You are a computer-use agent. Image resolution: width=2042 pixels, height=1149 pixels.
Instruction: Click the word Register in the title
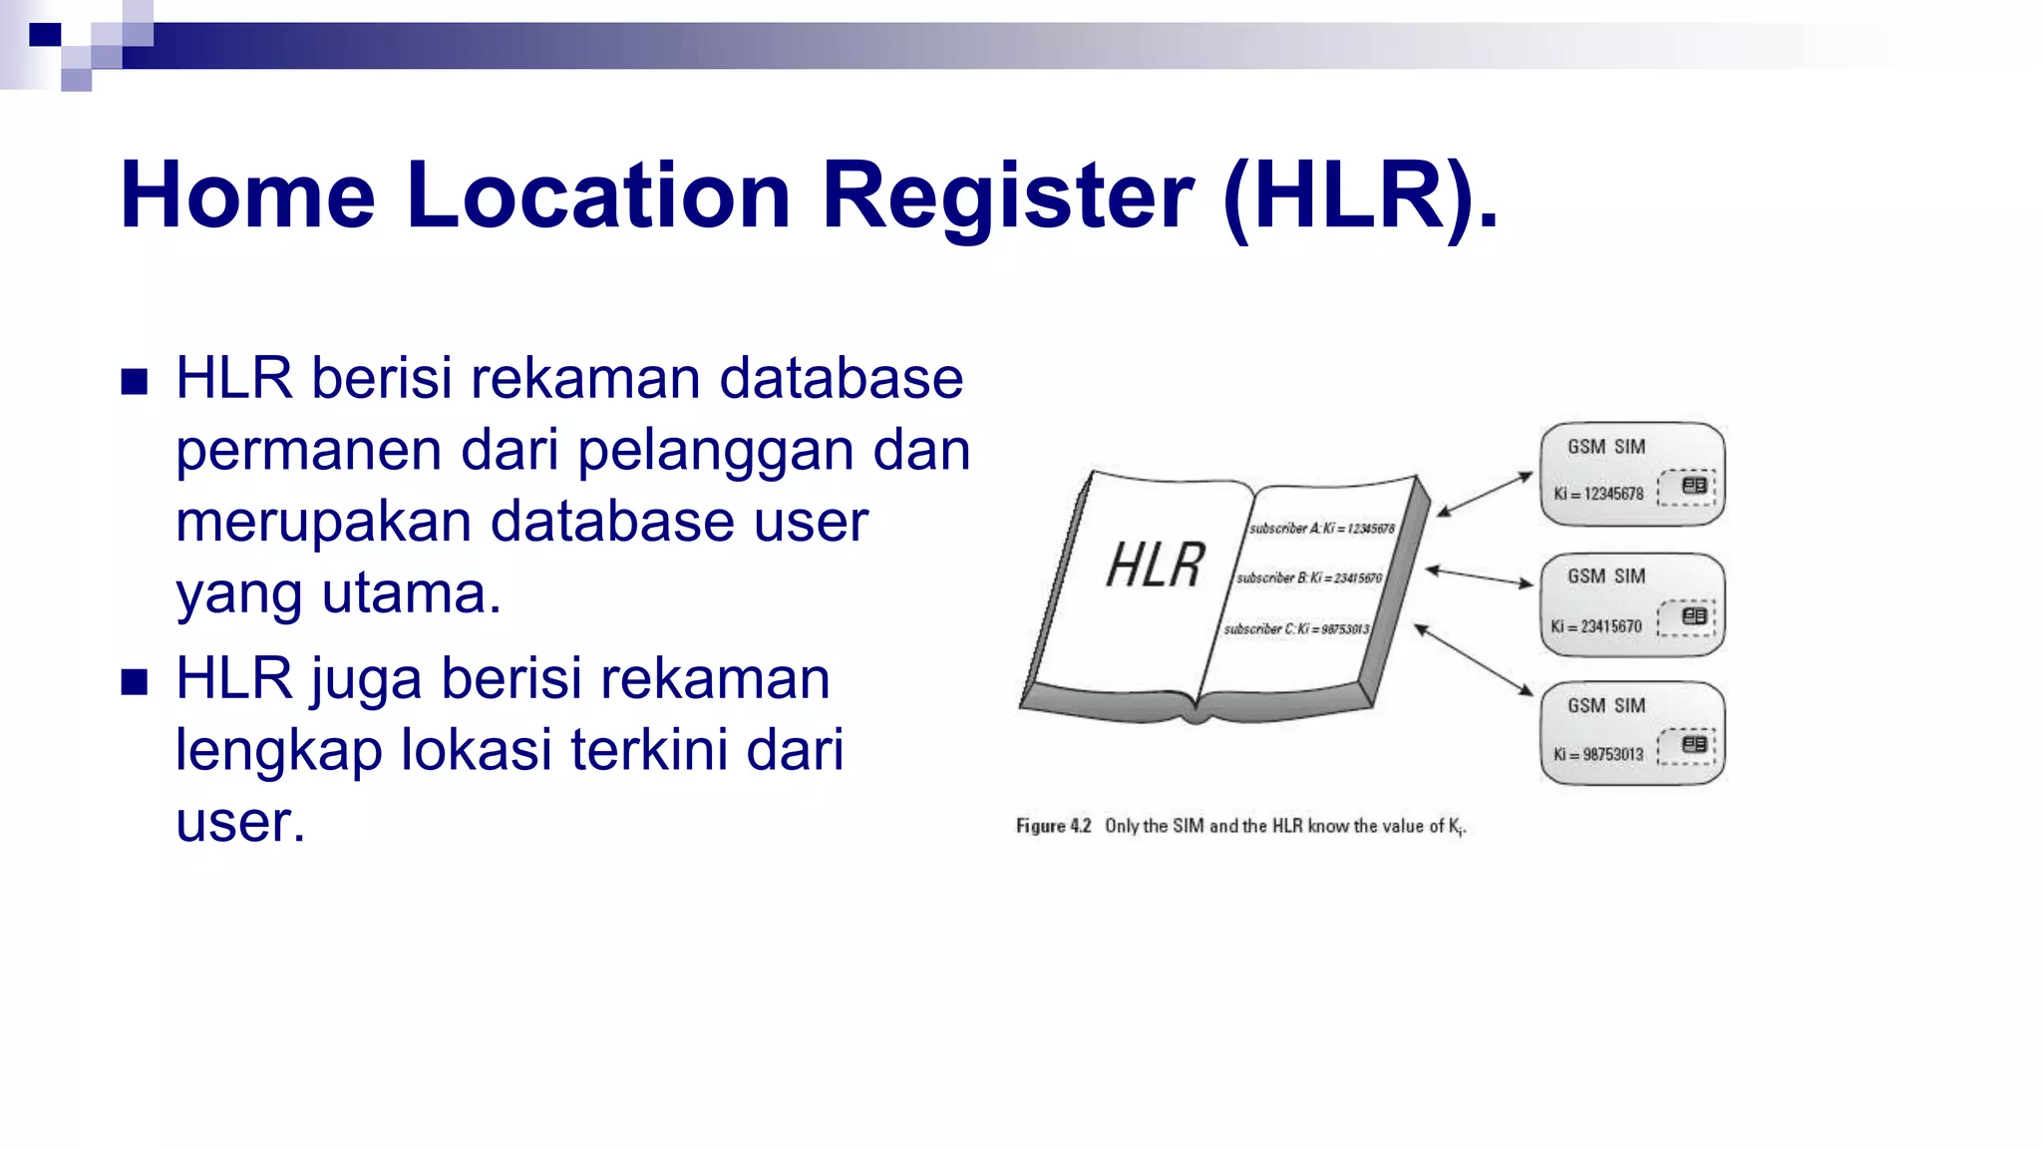[x=1007, y=195]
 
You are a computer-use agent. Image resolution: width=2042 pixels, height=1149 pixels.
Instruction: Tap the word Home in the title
[x=247, y=195]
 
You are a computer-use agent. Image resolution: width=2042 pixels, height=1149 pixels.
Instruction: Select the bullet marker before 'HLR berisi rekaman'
[x=135, y=382]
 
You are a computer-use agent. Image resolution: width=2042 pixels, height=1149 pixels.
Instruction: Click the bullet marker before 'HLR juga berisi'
[x=135, y=682]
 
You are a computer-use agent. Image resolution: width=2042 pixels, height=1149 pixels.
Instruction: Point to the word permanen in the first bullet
[x=308, y=451]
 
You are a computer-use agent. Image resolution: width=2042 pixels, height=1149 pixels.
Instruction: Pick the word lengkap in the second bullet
[x=278, y=751]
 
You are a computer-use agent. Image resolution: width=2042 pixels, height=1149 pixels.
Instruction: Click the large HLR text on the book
[x=1156, y=566]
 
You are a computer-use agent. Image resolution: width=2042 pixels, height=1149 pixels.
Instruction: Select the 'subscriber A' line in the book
[x=1321, y=529]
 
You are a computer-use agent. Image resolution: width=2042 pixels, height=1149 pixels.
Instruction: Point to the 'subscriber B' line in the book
[x=1308, y=578]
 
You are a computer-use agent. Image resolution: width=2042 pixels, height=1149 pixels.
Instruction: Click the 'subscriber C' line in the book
[x=1296, y=629]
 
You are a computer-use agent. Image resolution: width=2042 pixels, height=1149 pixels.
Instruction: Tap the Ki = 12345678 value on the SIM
[x=1598, y=494]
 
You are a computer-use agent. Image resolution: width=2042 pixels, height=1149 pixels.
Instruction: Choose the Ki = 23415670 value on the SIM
[x=1595, y=626]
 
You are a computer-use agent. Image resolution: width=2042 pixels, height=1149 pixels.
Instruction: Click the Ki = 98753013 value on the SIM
[x=1597, y=755]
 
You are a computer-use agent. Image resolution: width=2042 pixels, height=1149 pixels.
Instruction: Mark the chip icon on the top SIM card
[x=1693, y=486]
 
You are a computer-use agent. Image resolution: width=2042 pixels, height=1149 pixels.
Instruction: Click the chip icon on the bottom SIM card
[x=1693, y=744]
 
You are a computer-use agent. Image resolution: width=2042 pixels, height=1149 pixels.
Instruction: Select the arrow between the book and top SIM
[x=1485, y=494]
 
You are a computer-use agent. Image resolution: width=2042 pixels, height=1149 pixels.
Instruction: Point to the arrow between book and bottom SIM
[x=1474, y=659]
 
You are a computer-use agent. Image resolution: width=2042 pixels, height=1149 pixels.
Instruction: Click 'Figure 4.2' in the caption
[x=1053, y=826]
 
